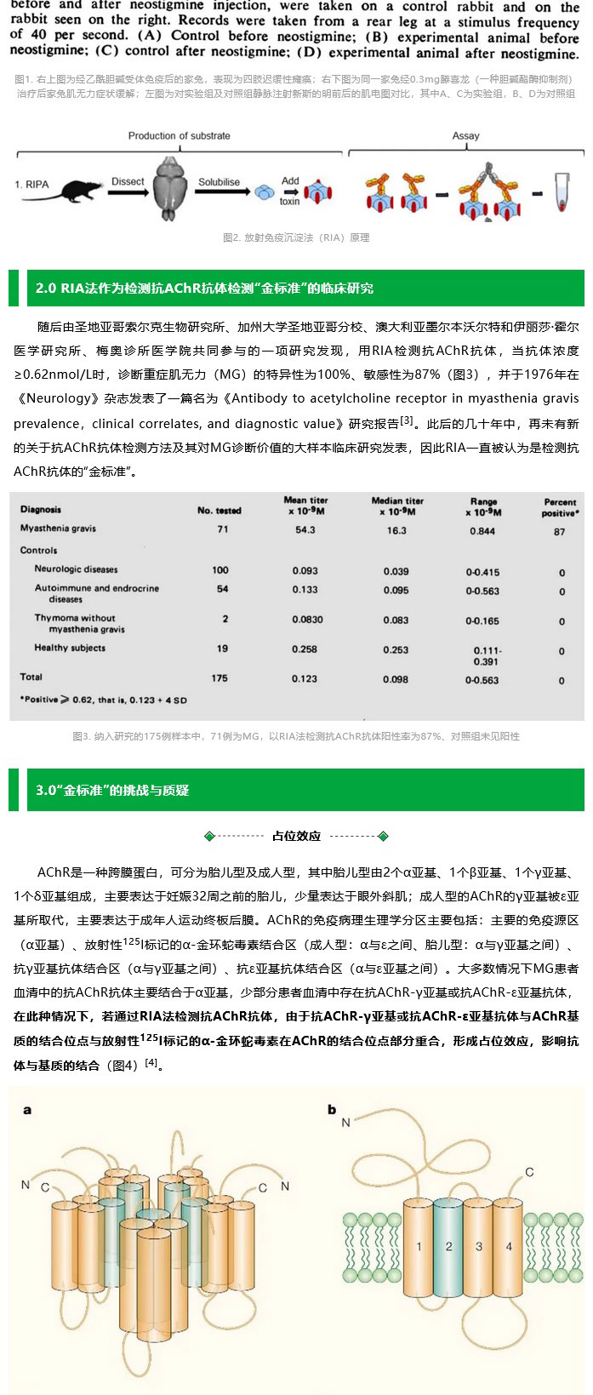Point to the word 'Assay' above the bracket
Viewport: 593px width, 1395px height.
(465, 136)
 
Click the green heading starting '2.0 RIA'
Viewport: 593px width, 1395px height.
(204, 289)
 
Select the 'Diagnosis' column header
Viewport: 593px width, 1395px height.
(41, 511)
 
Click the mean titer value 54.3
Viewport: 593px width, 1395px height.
(305, 529)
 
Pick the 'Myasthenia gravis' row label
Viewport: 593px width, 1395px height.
(58, 529)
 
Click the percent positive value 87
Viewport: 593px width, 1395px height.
(559, 531)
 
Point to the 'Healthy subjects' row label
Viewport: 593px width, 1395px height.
(70, 649)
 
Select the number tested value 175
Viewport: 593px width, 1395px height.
(220, 678)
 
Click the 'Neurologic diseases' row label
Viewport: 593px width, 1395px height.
(76, 569)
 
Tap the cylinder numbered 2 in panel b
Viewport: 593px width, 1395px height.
(448, 1247)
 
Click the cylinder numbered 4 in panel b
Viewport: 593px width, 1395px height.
(509, 1247)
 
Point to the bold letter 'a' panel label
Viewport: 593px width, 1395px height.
(27, 1110)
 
